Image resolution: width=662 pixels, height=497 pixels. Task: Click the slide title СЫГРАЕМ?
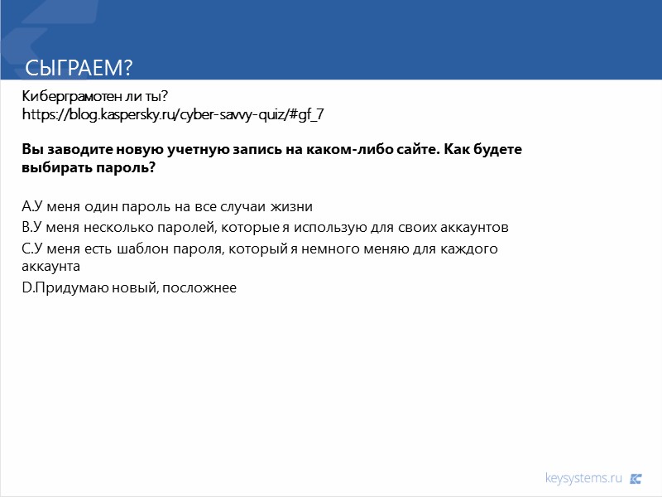[x=79, y=67]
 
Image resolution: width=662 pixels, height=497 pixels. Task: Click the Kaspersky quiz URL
[x=172, y=114]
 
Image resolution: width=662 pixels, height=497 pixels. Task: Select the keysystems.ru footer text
[x=583, y=478]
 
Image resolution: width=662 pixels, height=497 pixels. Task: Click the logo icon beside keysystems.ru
[x=636, y=478]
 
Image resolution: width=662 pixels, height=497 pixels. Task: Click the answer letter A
[x=26, y=206]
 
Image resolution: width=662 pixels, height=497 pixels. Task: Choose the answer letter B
[x=26, y=227]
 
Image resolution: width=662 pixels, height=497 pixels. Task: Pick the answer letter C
[x=26, y=248]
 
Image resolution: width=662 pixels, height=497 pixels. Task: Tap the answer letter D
[x=26, y=287]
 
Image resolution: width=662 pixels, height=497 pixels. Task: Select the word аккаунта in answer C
[x=50, y=267]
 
